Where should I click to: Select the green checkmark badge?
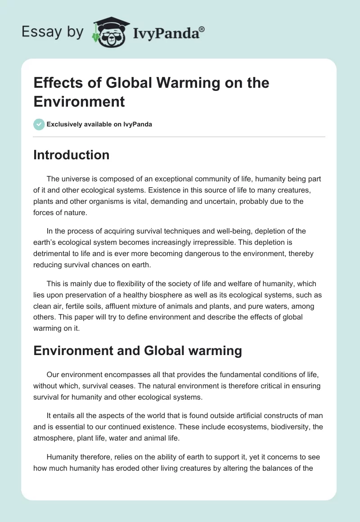click(x=39, y=124)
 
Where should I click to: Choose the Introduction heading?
click(x=72, y=155)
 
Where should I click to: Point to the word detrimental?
click(x=54, y=253)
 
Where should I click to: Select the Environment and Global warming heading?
click(x=138, y=351)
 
